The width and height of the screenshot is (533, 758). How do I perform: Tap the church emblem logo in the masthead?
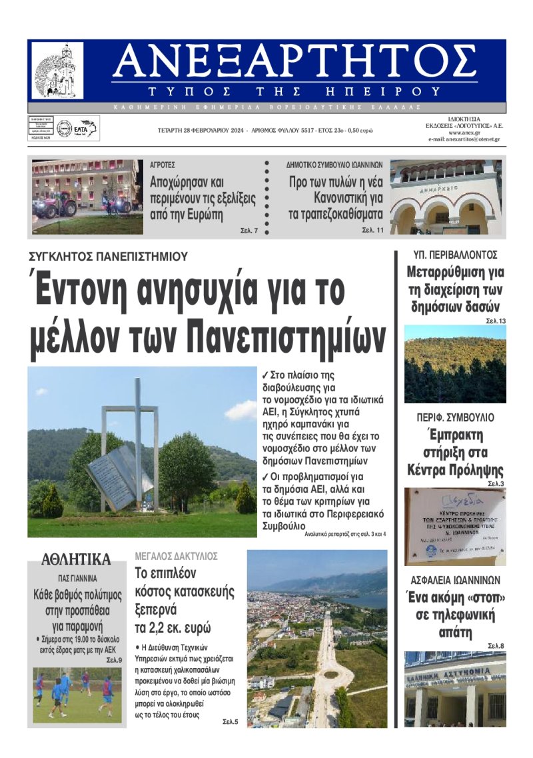click(x=58, y=71)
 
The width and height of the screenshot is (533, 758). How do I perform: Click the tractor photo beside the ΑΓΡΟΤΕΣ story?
click(x=87, y=197)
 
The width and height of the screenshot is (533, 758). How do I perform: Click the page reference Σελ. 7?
click(x=249, y=231)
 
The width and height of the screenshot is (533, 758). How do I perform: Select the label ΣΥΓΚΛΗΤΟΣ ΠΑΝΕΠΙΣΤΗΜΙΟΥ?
click(x=108, y=256)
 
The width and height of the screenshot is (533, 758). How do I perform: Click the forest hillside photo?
click(x=455, y=364)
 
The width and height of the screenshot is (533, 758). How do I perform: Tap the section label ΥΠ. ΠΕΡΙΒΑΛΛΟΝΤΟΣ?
click(x=456, y=255)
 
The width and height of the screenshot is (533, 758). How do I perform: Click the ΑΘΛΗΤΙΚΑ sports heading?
click(x=76, y=559)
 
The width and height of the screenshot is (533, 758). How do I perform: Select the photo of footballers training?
click(x=77, y=695)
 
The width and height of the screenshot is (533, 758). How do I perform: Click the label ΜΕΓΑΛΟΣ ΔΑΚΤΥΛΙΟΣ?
click(x=177, y=556)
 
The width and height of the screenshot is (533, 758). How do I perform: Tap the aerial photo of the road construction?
click(x=316, y=638)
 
